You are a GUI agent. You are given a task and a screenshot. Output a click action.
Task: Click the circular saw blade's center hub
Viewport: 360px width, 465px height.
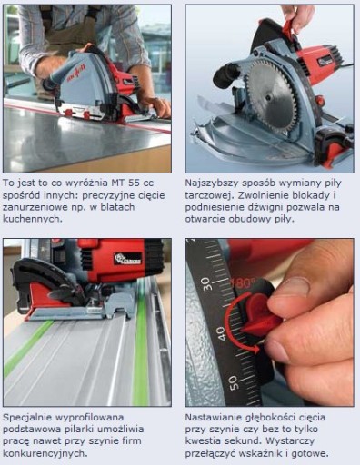point(268,97)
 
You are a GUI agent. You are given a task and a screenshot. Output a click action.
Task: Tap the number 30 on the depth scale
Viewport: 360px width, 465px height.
point(208,284)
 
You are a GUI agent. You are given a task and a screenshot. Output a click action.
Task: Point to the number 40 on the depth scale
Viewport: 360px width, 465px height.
point(222,333)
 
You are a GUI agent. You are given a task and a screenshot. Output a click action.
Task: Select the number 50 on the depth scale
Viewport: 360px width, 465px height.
point(234,382)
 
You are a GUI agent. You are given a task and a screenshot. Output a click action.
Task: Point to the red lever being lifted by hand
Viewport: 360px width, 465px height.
point(289,28)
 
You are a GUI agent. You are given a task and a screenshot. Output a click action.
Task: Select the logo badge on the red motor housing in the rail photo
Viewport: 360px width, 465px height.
point(127,259)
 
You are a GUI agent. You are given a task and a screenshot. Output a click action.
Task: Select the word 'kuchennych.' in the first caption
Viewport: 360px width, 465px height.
point(33,219)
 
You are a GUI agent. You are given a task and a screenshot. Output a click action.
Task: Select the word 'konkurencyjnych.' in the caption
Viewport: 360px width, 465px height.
point(45,453)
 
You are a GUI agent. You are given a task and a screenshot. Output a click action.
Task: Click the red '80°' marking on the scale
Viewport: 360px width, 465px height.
point(243,283)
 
